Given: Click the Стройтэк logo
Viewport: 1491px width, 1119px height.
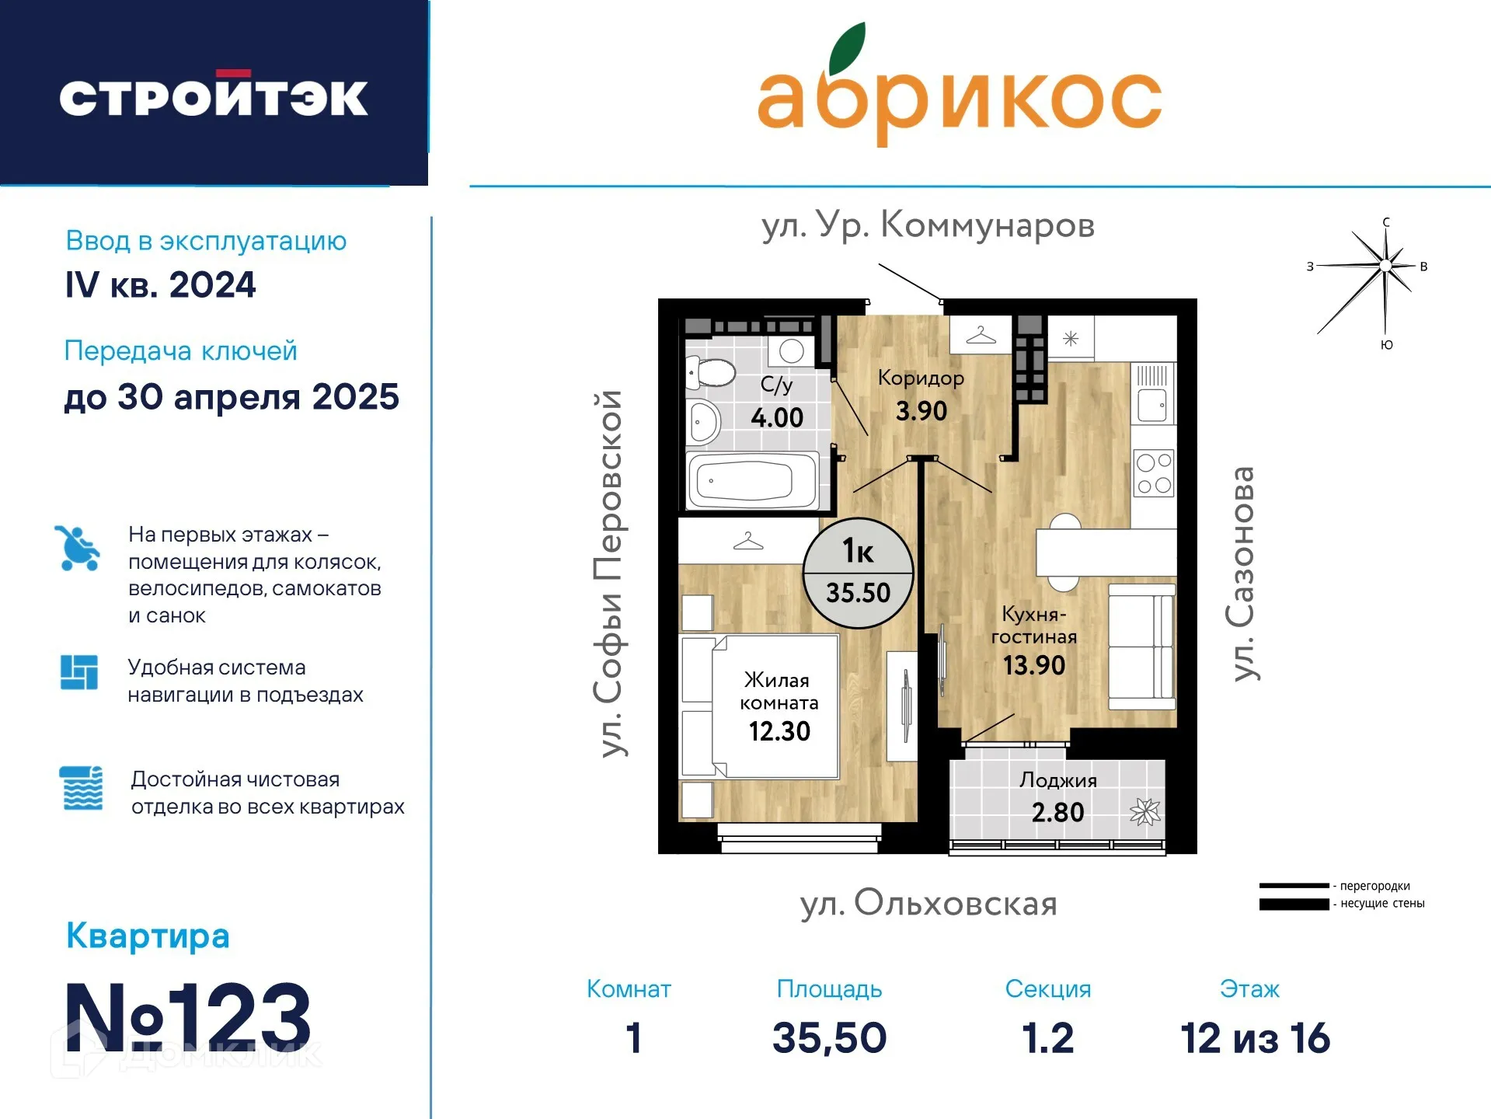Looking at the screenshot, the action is coord(214,96).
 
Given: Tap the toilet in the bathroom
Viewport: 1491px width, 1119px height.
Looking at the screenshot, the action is coord(711,372).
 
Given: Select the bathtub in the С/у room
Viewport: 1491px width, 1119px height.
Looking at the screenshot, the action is coord(753,481).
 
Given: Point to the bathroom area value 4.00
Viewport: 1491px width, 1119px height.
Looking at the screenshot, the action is coord(777,417).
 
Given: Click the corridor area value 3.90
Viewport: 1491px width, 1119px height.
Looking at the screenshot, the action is coord(921,410).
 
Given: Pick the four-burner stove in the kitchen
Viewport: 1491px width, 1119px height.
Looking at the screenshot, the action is coord(1154,473).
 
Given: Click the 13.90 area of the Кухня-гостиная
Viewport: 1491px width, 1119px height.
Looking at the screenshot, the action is coord(1034,665).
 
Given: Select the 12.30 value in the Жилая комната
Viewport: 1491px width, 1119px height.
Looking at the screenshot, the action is coord(779,731).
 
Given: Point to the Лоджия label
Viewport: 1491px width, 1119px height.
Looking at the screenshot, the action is coord(1058,779).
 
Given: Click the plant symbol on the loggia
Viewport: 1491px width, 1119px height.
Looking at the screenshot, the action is coord(1145,812).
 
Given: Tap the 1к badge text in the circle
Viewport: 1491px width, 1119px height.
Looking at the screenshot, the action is coord(859,551).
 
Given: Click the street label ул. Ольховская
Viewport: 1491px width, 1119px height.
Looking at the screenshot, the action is coord(928,903).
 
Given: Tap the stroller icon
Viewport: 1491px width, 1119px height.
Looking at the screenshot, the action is coord(78,548).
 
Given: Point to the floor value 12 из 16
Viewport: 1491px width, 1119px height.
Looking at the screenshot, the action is coord(1255,1038).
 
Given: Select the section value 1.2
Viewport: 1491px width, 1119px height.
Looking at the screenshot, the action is coord(1048,1038).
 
